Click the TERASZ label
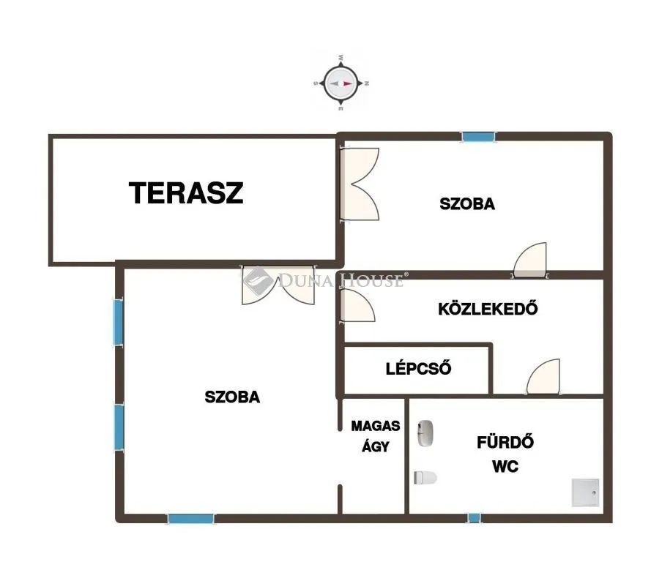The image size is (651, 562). pos(186,193)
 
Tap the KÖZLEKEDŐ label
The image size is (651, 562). pos(488,308)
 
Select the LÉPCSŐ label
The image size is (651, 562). pos(418,368)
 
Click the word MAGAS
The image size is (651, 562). pos(376,426)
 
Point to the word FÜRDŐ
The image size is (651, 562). pos(505,442)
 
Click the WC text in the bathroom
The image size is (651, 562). pos(505,467)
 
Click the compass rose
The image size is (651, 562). pos(341,83)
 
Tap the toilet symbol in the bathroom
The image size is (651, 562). pos(425,477)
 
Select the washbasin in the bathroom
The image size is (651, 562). pos(425,433)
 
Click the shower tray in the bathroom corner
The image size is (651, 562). pos(586,492)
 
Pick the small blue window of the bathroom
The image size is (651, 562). pos(474,517)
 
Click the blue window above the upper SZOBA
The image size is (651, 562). pos(479,137)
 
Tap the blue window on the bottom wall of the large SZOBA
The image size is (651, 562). pos(190,518)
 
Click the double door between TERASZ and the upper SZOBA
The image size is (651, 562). pos(359,184)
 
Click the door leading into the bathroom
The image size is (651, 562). pos(543,376)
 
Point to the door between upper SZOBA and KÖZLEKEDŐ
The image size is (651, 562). pos(529,260)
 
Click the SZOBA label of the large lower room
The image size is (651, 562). pos(232,397)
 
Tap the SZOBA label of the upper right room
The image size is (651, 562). pos(467,203)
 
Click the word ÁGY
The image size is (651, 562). pos(376,446)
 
